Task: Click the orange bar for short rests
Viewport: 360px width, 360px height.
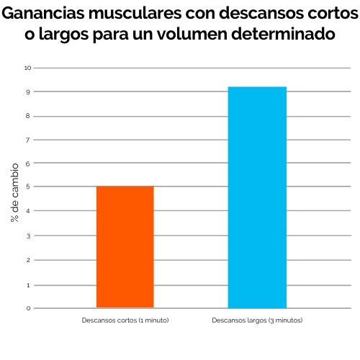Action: click(x=125, y=247)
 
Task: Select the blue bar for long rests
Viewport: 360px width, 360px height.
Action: click(x=257, y=197)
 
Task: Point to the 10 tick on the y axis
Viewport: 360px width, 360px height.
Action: click(x=28, y=68)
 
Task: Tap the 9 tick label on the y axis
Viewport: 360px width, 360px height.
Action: click(x=28, y=92)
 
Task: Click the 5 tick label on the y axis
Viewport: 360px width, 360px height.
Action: click(x=28, y=187)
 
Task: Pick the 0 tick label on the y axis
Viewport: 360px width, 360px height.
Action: click(x=28, y=308)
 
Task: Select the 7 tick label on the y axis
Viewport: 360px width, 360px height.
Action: click(x=28, y=140)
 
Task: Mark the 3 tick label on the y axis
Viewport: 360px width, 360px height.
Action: click(x=28, y=235)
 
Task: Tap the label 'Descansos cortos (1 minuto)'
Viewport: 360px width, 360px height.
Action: click(x=125, y=319)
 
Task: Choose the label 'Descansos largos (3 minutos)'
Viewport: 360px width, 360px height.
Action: click(x=257, y=319)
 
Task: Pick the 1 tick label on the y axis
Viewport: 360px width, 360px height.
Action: click(x=28, y=284)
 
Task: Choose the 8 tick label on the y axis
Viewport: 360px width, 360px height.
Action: click(x=28, y=116)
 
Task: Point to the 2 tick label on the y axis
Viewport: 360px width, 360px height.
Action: click(x=28, y=260)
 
